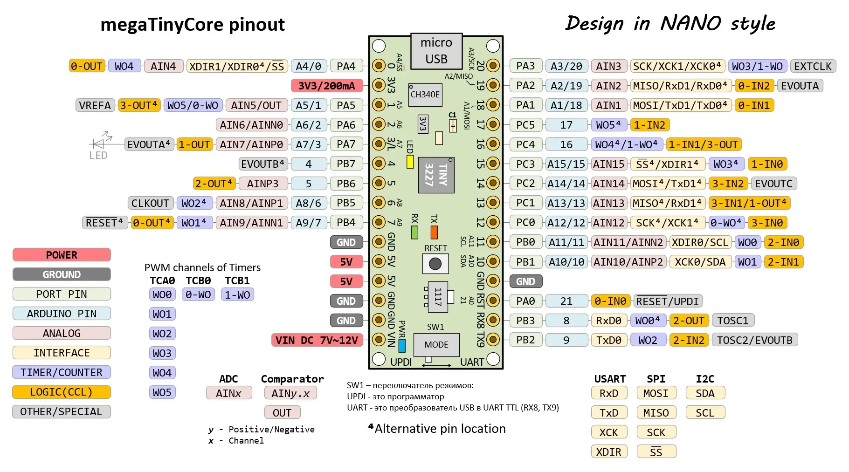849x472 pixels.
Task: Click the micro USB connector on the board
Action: tap(436, 51)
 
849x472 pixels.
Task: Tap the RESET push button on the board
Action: tap(435, 264)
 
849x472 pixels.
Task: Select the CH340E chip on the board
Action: tap(424, 95)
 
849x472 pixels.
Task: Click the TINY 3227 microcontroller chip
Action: tap(436, 175)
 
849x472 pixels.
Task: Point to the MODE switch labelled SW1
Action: tap(436, 345)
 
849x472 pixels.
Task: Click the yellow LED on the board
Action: tap(410, 161)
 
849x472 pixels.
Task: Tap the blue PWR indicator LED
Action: tap(402, 345)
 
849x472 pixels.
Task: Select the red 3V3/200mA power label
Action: tap(326, 86)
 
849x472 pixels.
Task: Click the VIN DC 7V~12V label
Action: tap(317, 340)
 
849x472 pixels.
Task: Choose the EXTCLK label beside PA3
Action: tap(812, 66)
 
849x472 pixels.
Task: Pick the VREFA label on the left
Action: tap(95, 105)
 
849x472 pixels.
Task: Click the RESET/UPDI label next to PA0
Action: tap(667, 301)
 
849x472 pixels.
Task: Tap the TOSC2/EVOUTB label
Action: tap(754, 340)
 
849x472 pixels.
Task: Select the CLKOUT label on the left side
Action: tap(150, 203)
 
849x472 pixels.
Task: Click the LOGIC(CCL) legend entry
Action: tap(62, 392)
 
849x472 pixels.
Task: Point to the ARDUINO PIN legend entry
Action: tap(62, 314)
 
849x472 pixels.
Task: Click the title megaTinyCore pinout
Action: tap(193, 24)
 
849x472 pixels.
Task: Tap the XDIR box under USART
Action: tap(608, 452)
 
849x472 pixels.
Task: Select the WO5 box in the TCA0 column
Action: tap(162, 392)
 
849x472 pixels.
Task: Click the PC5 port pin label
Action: tap(525, 125)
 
